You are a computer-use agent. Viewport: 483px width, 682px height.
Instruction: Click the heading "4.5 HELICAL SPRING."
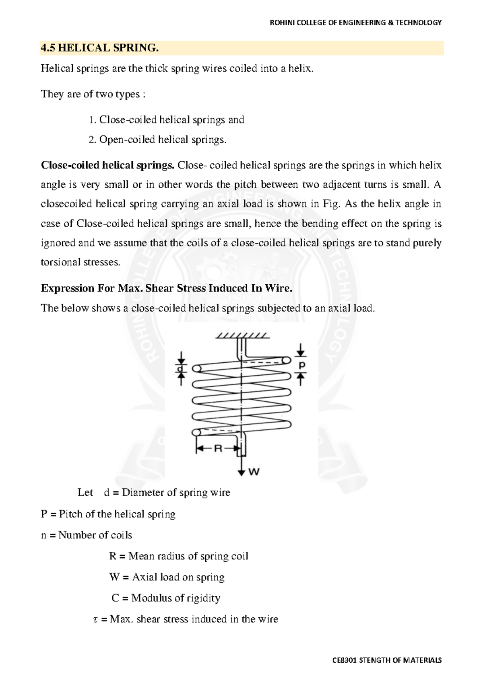pos(100,48)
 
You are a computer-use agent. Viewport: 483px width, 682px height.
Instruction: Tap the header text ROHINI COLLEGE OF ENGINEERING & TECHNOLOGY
pos(355,23)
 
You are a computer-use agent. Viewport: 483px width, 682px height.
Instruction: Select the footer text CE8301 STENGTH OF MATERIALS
pos(387,660)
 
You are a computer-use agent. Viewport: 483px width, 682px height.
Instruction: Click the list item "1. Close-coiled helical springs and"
pos(166,120)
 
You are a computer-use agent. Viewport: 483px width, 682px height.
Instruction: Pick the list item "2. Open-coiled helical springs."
pos(157,140)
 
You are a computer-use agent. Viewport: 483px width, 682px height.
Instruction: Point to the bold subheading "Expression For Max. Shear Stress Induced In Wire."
pos(167,288)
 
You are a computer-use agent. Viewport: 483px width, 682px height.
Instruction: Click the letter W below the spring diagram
pos(254,472)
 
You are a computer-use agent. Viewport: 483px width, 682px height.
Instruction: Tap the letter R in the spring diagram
pos(218,448)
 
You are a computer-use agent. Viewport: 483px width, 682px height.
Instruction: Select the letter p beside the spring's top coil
pos(301,365)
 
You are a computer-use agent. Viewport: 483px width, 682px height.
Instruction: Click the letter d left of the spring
pos(181,368)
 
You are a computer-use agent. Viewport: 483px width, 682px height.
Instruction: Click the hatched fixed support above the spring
pos(242,335)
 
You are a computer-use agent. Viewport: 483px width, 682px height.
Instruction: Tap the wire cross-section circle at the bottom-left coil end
pos(196,433)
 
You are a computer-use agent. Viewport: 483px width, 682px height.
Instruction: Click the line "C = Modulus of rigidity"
pos(166,598)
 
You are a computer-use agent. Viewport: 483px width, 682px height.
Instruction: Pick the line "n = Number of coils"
pos(87,535)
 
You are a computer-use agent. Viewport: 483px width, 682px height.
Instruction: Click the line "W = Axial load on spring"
pos(167,577)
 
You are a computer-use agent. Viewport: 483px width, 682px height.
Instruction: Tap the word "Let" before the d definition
pos(85,493)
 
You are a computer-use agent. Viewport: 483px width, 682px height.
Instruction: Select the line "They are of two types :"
pos(93,94)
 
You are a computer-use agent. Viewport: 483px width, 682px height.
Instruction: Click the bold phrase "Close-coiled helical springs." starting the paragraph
pos(107,165)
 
